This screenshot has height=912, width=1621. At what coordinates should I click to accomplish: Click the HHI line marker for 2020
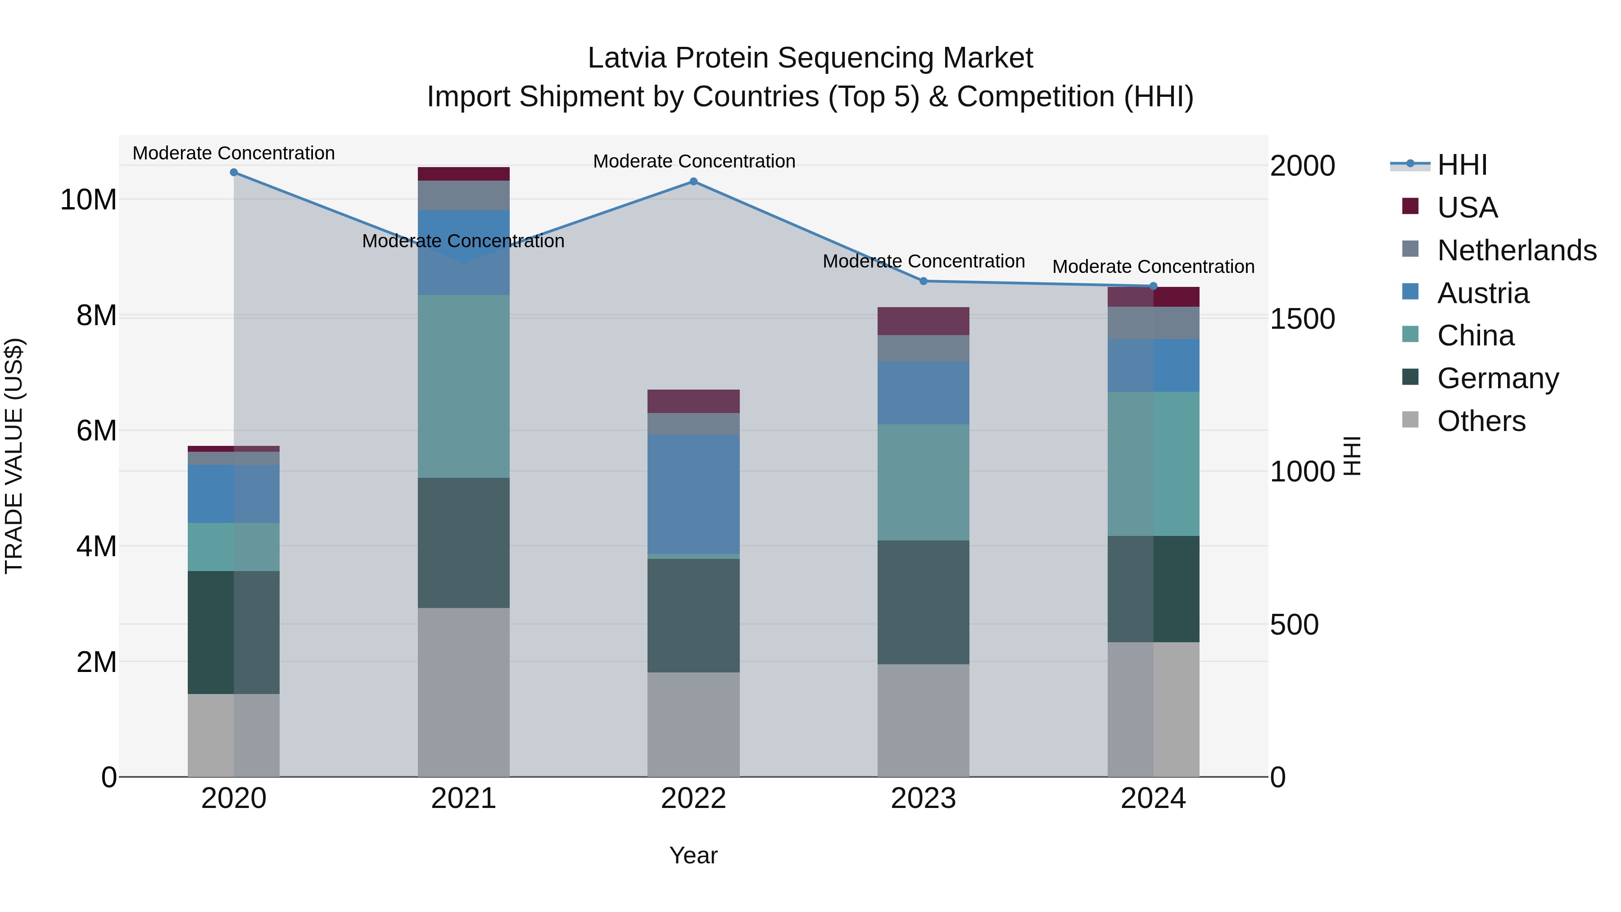[233, 172]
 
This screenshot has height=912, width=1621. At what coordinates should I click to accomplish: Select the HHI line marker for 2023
[923, 281]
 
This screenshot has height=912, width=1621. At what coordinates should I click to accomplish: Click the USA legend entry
[1467, 208]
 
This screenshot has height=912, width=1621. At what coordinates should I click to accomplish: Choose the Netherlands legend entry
[1517, 250]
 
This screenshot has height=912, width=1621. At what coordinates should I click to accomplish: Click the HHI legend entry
[1462, 165]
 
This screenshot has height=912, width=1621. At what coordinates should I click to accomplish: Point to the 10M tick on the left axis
[88, 200]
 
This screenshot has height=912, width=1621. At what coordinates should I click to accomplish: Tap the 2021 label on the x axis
[463, 799]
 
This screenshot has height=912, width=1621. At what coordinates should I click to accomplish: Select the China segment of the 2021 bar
[463, 386]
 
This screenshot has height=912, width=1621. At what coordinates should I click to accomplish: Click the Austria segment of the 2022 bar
[693, 494]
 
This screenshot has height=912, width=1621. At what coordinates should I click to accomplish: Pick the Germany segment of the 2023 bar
[923, 602]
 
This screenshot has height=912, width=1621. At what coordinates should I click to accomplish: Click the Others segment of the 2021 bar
[463, 692]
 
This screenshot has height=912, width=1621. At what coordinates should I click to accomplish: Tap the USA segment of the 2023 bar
[923, 321]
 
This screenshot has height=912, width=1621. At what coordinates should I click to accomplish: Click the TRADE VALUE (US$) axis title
[14, 456]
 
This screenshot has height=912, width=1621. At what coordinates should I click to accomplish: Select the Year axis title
[693, 855]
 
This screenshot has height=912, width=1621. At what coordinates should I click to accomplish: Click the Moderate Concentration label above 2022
[694, 161]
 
